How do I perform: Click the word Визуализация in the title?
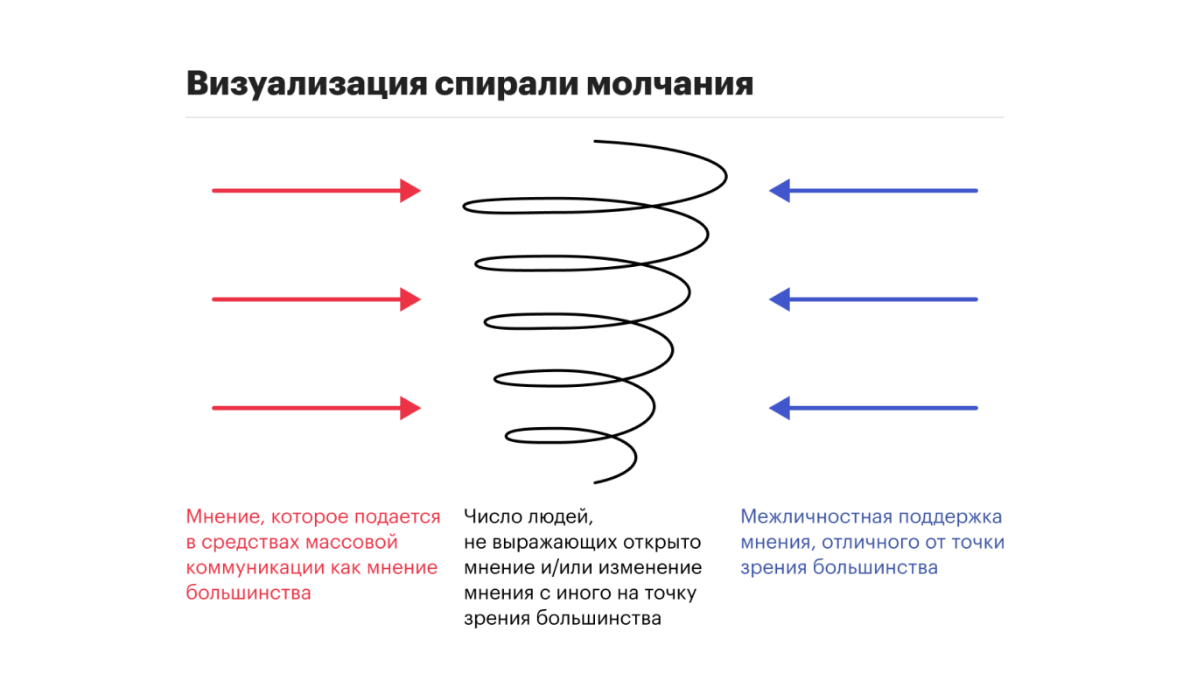pos(306,84)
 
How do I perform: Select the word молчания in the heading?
pos(669,84)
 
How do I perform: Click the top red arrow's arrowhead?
pos(410,190)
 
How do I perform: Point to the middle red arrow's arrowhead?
pos(410,299)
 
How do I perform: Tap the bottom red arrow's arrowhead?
pos(410,408)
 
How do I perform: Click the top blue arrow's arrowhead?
pos(780,190)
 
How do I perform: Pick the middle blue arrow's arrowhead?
pos(780,299)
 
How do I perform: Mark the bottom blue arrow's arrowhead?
pos(780,408)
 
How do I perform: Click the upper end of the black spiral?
pos(595,141)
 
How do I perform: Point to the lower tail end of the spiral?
pos(595,482)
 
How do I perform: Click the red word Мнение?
pos(225,516)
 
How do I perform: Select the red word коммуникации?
pos(255,568)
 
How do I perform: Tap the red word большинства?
pos(248,593)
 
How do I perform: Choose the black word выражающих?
pos(555,542)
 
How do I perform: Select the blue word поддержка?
pos(950,517)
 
